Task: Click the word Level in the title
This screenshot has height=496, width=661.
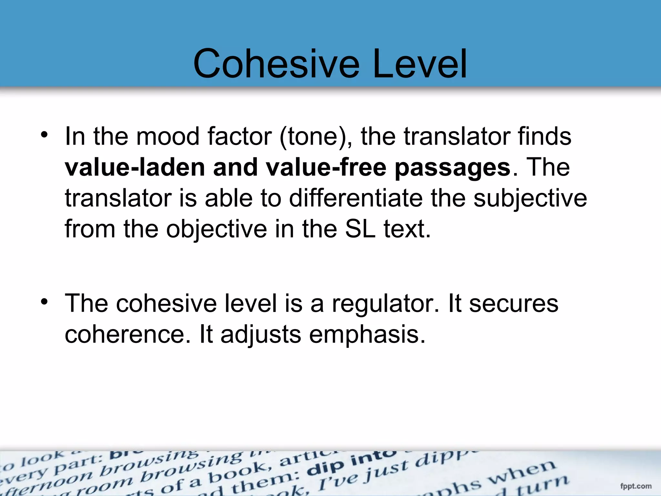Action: pyautogui.click(x=420, y=64)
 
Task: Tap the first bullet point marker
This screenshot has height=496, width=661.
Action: pyautogui.click(x=44, y=135)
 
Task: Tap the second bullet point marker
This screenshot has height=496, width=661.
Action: pyautogui.click(x=44, y=302)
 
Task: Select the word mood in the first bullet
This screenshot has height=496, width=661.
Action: pyautogui.click(x=168, y=136)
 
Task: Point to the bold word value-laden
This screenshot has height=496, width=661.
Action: pyautogui.click(x=135, y=167)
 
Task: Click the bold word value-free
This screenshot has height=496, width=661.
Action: pyautogui.click(x=326, y=167)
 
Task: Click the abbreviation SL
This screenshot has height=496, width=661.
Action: pyautogui.click(x=360, y=229)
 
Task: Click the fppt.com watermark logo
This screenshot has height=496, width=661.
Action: pyautogui.click(x=636, y=486)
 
